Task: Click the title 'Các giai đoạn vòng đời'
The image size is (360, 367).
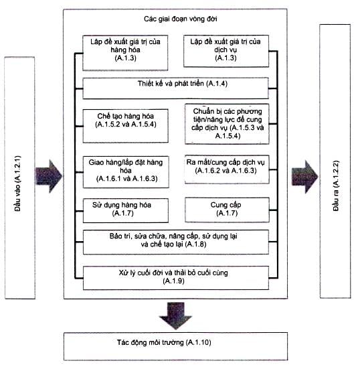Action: pyautogui.click(x=181, y=19)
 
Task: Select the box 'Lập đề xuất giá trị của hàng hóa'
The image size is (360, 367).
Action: pyautogui.click(x=125, y=53)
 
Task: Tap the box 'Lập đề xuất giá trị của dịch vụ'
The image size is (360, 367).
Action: pyautogui.click(x=226, y=52)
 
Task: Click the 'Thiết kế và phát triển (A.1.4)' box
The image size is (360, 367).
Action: pyautogui.click(x=175, y=88)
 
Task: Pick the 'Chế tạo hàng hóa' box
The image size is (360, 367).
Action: pyautogui.click(x=126, y=126)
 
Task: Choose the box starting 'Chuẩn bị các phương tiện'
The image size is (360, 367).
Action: pyautogui.click(x=227, y=124)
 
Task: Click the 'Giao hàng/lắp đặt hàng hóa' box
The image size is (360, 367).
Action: pyautogui.click(x=126, y=172)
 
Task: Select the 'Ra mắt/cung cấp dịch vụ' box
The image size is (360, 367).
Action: pyautogui.click(x=227, y=169)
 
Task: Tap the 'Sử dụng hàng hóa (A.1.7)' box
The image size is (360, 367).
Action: pyautogui.click(x=126, y=210)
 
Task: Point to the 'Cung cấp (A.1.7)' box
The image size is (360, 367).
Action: pyautogui.click(x=227, y=210)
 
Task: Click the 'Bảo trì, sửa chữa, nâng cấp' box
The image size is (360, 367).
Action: pyautogui.click(x=176, y=242)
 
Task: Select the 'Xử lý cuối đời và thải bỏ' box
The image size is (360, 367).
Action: pyautogui.click(x=176, y=278)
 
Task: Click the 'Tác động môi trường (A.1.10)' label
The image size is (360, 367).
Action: pyautogui.click(x=164, y=342)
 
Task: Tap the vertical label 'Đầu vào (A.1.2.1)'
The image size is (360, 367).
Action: pyautogui.click(x=17, y=183)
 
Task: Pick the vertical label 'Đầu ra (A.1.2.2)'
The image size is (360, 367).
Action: pyautogui.click(x=335, y=186)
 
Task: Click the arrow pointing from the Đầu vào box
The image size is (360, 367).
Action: pyautogui.click(x=49, y=176)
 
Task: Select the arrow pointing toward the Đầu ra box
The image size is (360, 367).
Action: pyautogui.click(x=304, y=177)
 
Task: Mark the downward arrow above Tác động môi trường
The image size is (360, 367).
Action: pyautogui.click(x=175, y=315)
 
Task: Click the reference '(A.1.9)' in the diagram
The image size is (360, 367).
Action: pyautogui.click(x=173, y=281)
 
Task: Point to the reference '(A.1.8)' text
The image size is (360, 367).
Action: pyautogui.click(x=195, y=244)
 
